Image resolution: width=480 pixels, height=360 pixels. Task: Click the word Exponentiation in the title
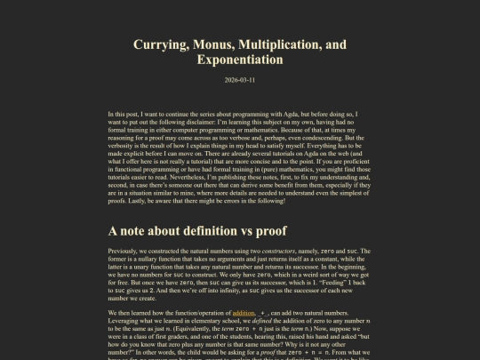click(x=240, y=60)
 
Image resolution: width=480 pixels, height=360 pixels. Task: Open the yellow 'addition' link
click(x=243, y=314)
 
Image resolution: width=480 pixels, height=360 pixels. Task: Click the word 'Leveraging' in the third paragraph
click(x=126, y=322)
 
